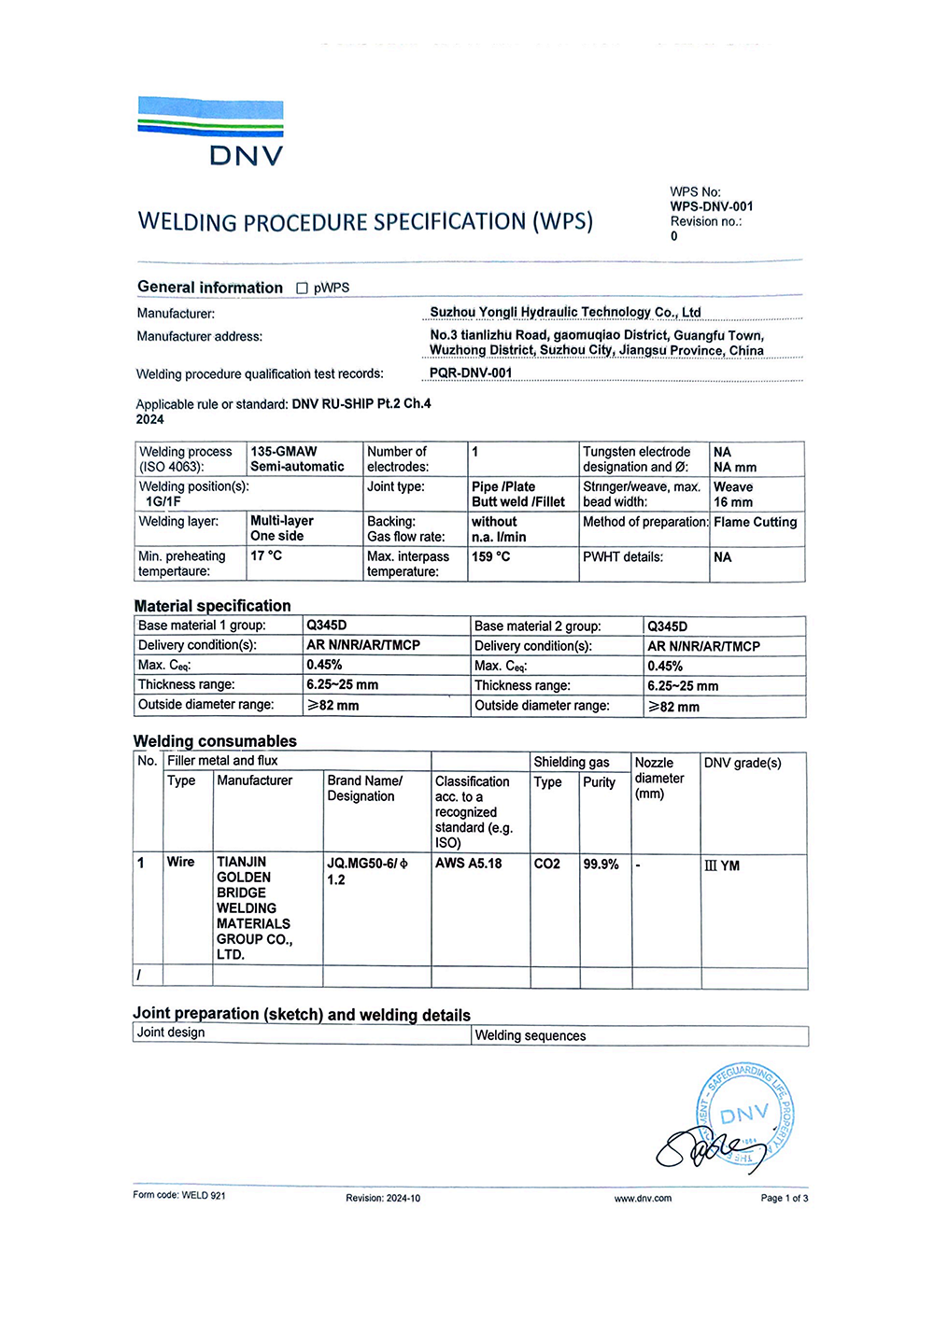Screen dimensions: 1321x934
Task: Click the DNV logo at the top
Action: [211, 132]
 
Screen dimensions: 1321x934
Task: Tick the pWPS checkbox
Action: [302, 288]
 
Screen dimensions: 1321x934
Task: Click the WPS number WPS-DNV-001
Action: [711, 207]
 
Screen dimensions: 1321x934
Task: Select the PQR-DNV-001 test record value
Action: [471, 373]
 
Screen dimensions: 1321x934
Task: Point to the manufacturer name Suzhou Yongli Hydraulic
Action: [564, 313]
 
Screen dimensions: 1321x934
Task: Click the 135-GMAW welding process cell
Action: [297, 459]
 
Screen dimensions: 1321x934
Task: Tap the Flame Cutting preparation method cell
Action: [755, 523]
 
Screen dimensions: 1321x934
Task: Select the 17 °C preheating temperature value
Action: [266, 555]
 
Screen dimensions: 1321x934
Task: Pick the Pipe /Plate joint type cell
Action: [518, 494]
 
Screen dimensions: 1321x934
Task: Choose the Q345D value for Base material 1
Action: [327, 625]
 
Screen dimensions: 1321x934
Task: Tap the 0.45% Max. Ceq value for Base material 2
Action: [665, 667]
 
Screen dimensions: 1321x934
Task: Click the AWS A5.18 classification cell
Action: [468, 864]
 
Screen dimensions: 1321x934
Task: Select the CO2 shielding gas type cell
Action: [547, 864]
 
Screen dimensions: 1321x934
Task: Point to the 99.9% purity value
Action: [601, 864]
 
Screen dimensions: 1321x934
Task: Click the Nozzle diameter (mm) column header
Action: [659, 778]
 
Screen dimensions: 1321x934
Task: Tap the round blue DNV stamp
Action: [745, 1115]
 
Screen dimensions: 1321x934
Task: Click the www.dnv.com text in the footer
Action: [643, 1199]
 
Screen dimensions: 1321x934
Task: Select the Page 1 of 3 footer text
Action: [785, 1199]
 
